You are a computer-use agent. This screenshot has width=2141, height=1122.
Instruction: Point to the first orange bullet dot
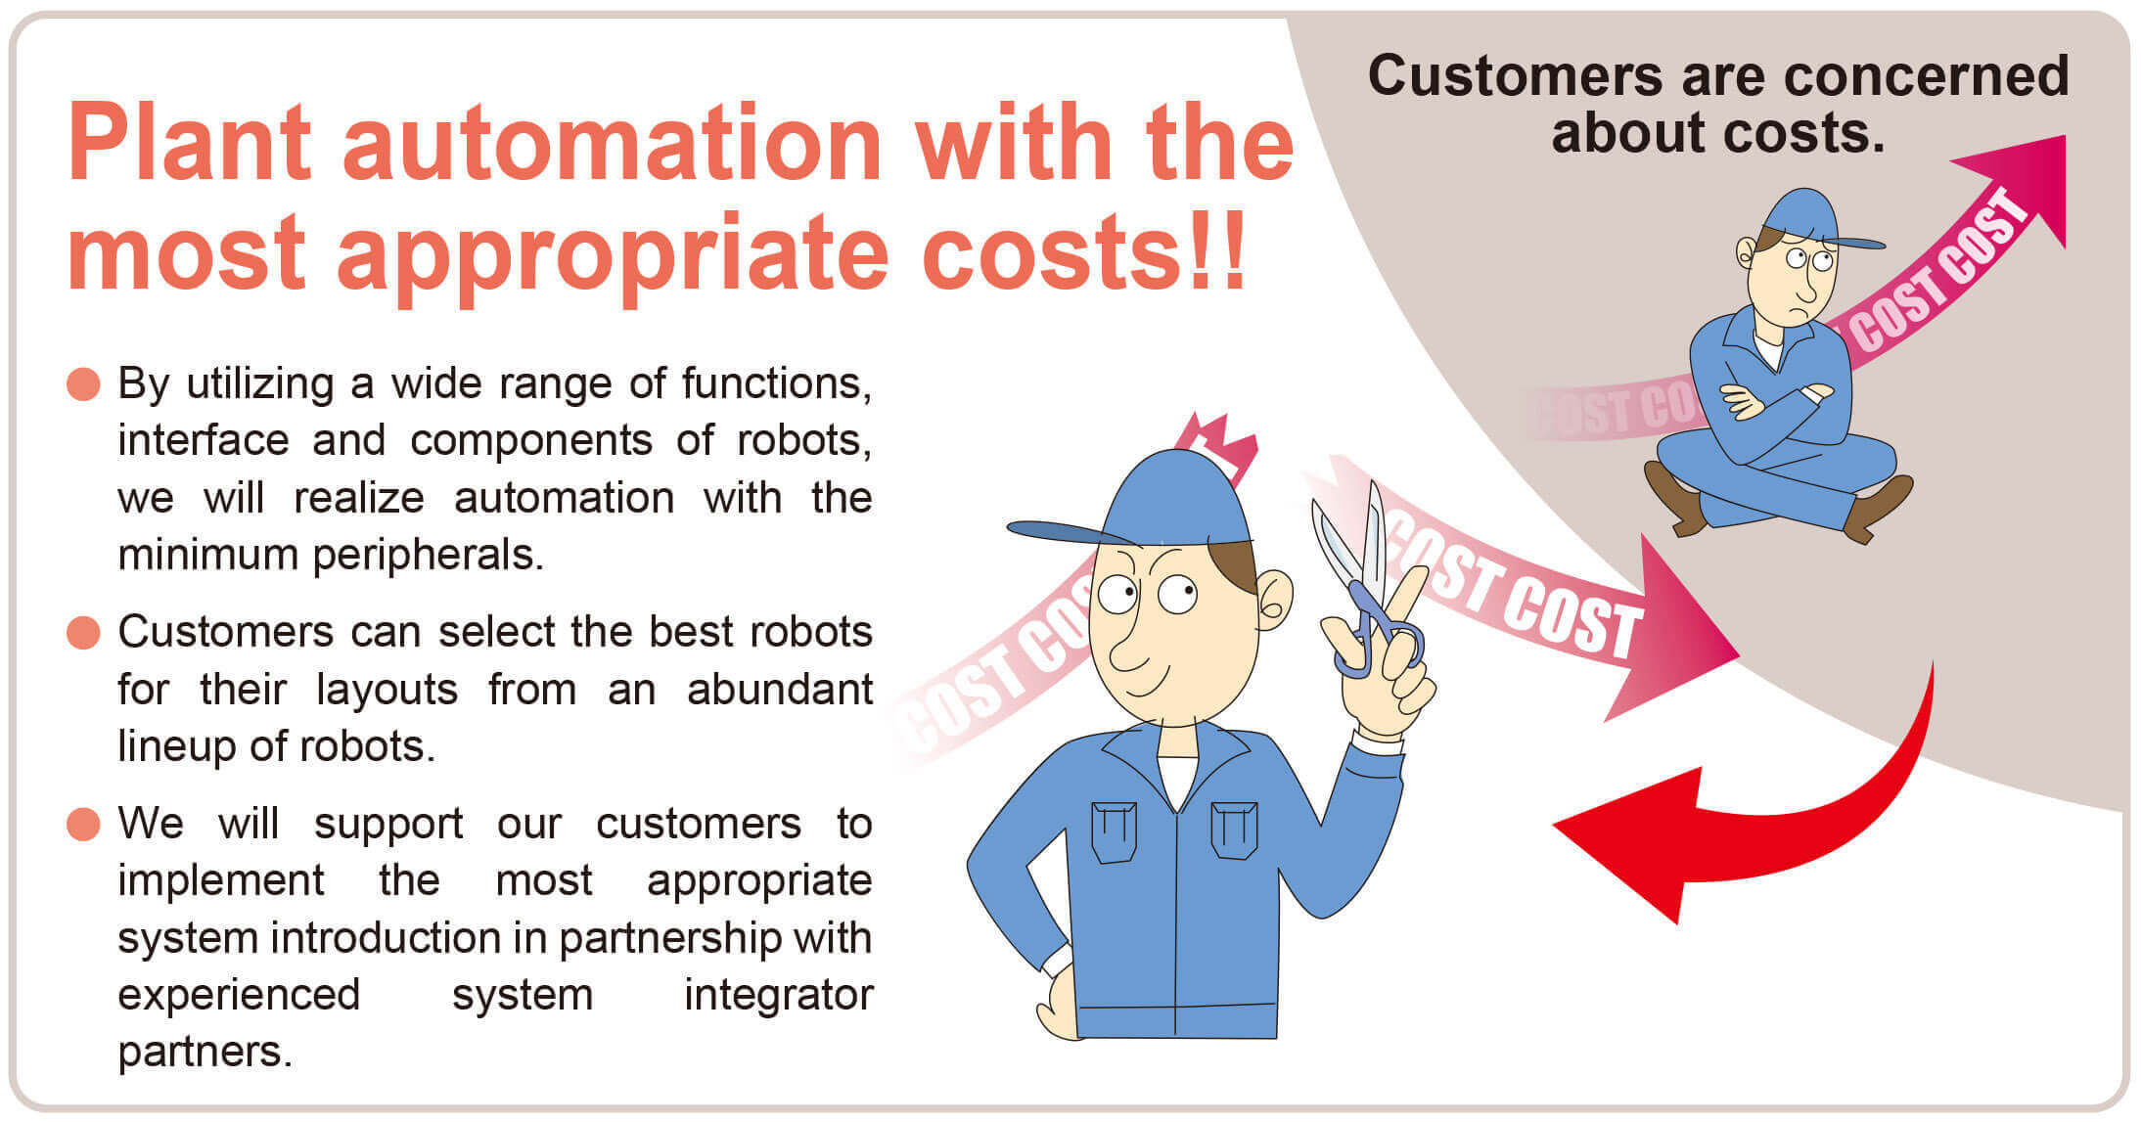pos(83,383)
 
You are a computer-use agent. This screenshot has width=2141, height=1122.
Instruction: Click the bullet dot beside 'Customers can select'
pos(83,632)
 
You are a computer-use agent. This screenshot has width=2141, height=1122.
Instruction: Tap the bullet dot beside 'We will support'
pos(83,824)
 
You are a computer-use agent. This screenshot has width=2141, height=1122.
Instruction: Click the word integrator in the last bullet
pos(778,995)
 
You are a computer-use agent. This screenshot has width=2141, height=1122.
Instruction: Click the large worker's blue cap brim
pos(1071,532)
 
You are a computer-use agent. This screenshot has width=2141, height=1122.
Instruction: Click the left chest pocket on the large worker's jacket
pos(1114,831)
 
